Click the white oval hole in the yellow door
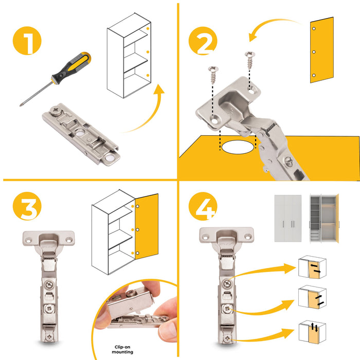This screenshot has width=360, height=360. (239, 147)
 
